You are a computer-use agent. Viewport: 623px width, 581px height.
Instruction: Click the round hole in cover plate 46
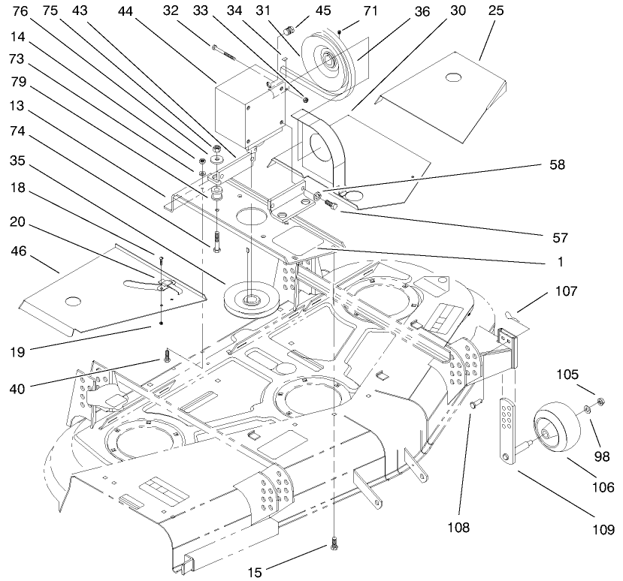click(x=72, y=301)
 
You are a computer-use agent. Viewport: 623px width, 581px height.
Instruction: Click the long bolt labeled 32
click(x=224, y=53)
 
